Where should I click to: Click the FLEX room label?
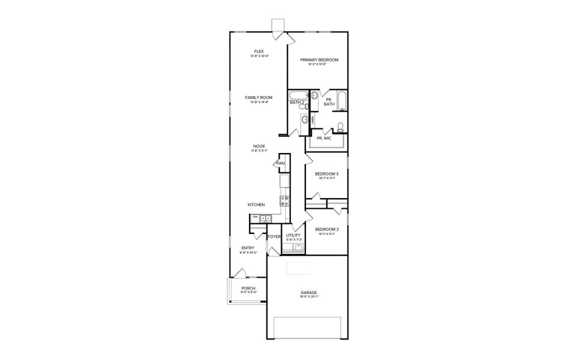(259, 52)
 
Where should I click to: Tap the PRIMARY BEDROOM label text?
(319, 60)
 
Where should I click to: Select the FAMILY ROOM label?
(259, 97)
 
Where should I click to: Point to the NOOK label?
(259, 146)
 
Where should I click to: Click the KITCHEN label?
(256, 205)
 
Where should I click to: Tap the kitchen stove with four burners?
(284, 201)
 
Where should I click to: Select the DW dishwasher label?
(255, 217)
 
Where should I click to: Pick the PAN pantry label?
(280, 163)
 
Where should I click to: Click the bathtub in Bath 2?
(298, 95)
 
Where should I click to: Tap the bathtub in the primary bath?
(342, 101)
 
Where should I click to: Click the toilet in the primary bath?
(340, 127)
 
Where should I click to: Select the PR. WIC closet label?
(324, 138)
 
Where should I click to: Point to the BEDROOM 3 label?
(327, 174)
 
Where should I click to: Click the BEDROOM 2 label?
(327, 229)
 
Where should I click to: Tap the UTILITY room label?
(293, 235)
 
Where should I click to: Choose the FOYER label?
(274, 236)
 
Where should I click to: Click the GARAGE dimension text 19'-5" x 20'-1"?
(309, 297)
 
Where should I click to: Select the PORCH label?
(248, 288)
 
